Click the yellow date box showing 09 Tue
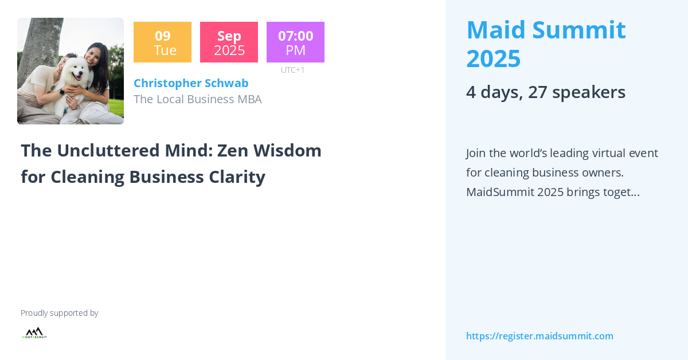point(162,42)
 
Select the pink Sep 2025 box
point(229,42)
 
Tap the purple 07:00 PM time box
point(295,42)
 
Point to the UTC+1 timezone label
point(292,70)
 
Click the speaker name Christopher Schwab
point(191,83)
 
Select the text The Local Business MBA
point(197,99)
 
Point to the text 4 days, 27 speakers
point(545,92)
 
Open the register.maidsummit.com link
point(540,336)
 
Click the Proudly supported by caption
point(59,313)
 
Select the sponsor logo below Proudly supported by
point(34,333)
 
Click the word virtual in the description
point(599,153)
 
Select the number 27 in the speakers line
point(537,92)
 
